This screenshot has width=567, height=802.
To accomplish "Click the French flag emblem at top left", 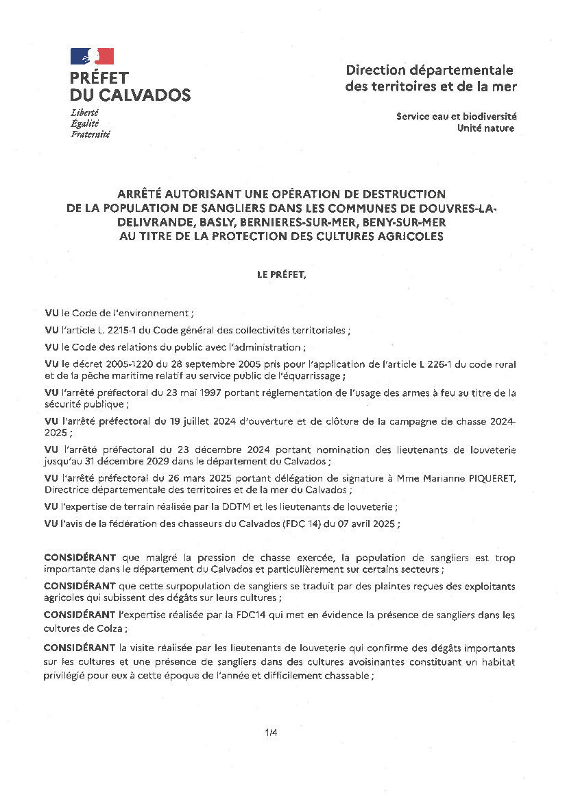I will [x=92, y=56].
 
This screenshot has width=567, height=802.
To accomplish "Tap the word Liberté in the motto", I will [x=84, y=112].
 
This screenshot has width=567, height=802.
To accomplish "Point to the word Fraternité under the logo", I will [x=90, y=134].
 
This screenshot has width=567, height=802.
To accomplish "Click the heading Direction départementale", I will [x=429, y=70].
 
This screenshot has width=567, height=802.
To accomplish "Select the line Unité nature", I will [x=485, y=128].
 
